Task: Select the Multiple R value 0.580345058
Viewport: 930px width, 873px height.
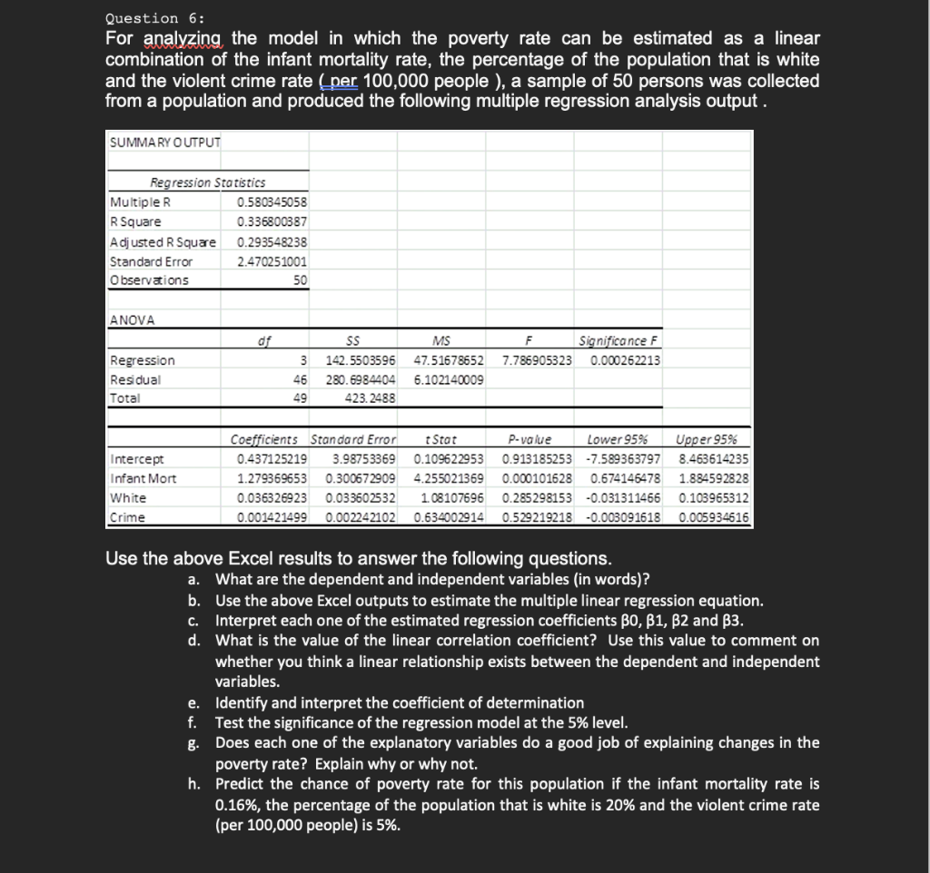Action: pyautogui.click(x=272, y=201)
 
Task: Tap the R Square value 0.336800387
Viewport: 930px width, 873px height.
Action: pyautogui.click(x=272, y=221)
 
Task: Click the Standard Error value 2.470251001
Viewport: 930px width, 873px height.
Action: pyautogui.click(x=272, y=261)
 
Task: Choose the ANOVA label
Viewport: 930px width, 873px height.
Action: pyautogui.click(x=133, y=320)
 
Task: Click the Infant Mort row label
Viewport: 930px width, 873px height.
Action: pyautogui.click(x=143, y=478)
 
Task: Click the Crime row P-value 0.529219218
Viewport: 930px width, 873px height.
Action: pyautogui.click(x=537, y=516)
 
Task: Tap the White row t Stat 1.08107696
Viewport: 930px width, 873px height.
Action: pyautogui.click(x=451, y=497)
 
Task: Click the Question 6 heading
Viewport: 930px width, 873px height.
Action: pyautogui.click(x=154, y=17)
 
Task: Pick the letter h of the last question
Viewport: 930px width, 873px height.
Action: pyautogui.click(x=193, y=783)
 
